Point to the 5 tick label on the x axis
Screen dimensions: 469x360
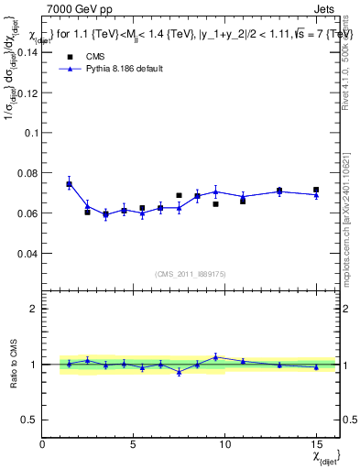pyautogui.click(x=134, y=444)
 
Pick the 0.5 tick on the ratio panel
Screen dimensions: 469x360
pyautogui.click(x=29, y=420)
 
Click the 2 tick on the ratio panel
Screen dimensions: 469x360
pyautogui.click(x=33, y=309)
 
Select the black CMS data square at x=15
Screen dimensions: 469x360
pyautogui.click(x=316, y=190)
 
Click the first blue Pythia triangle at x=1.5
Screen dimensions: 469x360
pyautogui.click(x=70, y=183)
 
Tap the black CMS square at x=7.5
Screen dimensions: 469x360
pyautogui.click(x=179, y=195)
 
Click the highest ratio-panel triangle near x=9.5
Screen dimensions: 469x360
pyautogui.click(x=215, y=357)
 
